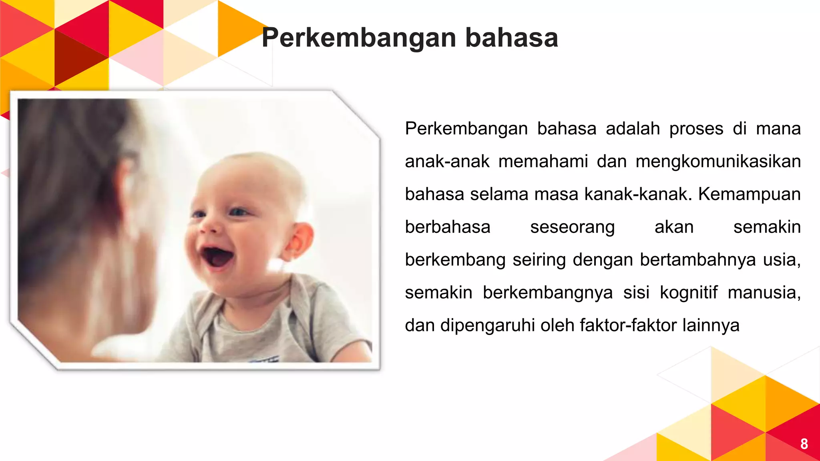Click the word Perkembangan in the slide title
tap(359, 38)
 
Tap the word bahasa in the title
tap(512, 38)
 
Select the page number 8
tap(804, 444)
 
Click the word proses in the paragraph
tap(696, 129)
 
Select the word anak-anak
tap(447, 162)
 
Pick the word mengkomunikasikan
tap(718, 162)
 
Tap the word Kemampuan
tap(749, 194)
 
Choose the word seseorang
tap(572, 227)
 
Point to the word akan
tap(674, 227)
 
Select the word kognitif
tap(689, 293)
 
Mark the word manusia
tap(764, 293)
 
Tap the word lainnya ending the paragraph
tap(711, 325)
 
